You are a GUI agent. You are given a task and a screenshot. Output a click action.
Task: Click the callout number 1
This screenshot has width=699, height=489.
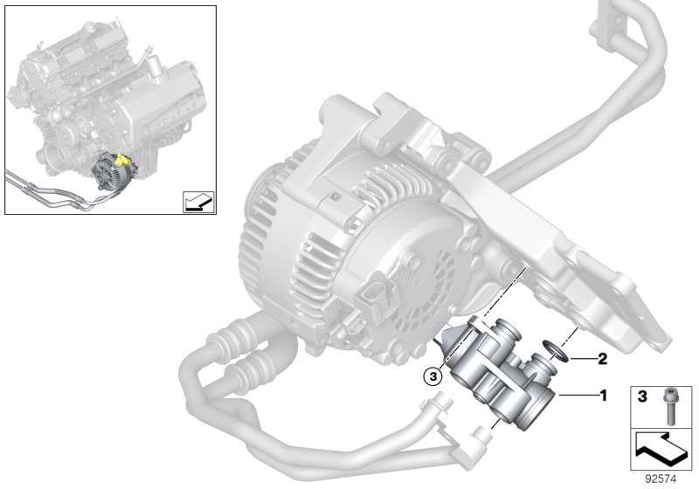[601, 396]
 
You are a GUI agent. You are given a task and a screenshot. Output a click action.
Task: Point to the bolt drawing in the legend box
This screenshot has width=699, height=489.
[671, 401]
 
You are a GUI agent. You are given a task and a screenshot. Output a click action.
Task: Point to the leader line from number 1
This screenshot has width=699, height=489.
[577, 396]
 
